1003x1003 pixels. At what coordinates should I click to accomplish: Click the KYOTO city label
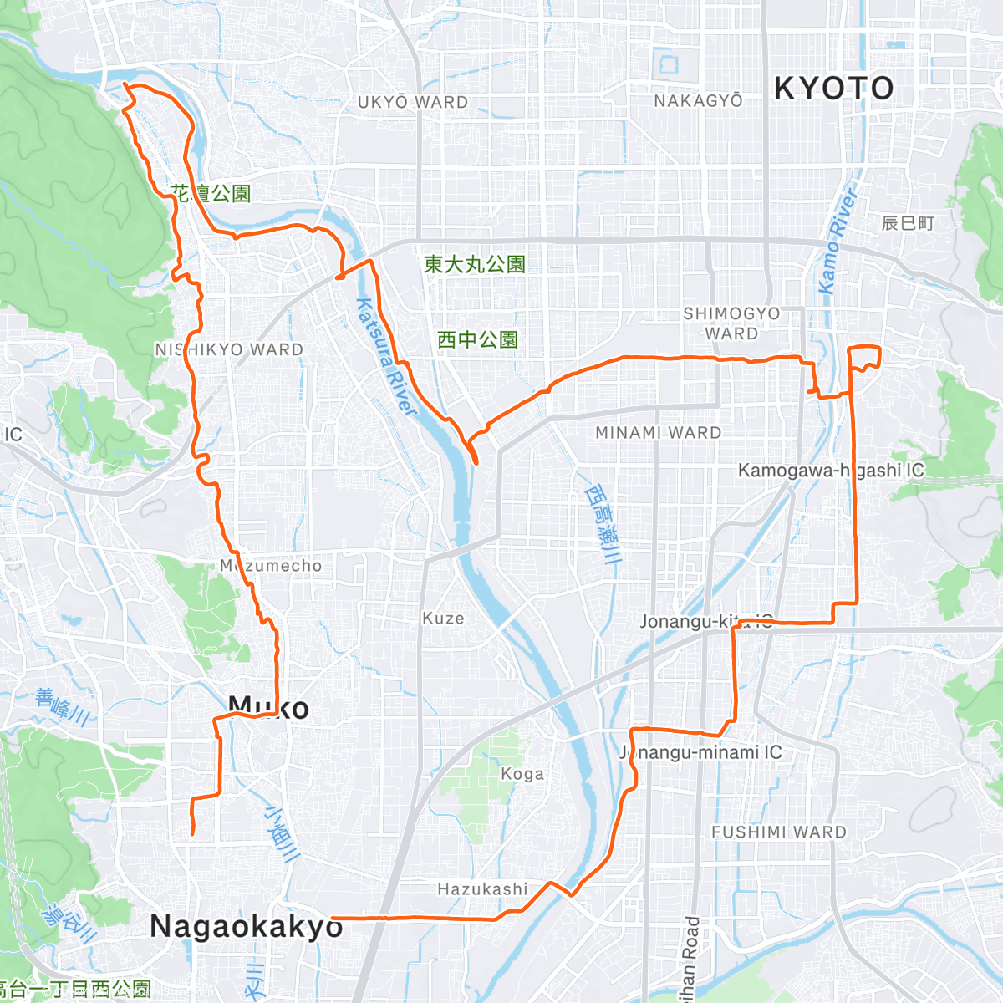833,88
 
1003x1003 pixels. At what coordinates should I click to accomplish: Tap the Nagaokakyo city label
246,926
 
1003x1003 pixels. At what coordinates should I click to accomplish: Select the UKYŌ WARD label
413,102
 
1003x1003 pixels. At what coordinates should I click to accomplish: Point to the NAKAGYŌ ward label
698,100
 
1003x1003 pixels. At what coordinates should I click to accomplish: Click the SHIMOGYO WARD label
731,323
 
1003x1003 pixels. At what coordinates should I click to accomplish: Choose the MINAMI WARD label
658,432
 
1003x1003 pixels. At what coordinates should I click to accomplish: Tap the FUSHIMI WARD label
779,832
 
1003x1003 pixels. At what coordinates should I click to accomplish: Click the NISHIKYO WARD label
229,349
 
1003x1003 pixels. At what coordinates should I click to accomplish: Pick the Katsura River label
386,357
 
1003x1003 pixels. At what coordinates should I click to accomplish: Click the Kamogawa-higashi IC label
831,471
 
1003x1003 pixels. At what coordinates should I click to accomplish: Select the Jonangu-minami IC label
700,752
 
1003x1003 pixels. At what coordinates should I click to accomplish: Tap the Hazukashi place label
482,888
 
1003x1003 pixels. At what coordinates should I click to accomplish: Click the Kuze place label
443,618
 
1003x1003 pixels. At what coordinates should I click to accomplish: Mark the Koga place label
522,774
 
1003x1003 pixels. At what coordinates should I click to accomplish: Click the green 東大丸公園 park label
474,264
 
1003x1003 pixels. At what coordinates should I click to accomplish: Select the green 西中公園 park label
477,339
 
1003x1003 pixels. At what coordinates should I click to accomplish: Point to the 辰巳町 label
908,223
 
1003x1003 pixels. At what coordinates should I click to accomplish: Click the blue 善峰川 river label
63,706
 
